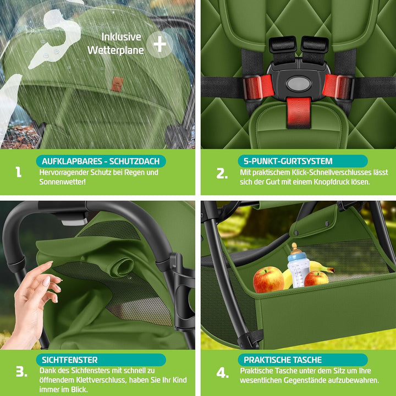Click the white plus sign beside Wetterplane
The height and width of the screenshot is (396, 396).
159,44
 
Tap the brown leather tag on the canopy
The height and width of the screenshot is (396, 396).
117,84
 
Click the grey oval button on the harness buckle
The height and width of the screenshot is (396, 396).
299,84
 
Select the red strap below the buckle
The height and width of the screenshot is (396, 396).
299,113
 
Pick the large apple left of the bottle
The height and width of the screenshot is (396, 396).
268,279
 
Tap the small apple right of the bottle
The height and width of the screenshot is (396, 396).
316,278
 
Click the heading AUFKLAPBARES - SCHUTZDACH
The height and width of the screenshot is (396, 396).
101,161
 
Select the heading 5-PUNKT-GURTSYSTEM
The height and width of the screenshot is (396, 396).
288,161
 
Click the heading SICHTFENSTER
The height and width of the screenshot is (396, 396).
70,360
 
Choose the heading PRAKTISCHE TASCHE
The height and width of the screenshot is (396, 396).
283,360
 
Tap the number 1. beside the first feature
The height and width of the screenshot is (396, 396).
18,172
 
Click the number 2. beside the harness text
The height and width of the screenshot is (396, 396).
222,173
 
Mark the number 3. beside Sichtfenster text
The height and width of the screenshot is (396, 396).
21,371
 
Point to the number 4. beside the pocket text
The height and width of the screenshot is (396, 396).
223,373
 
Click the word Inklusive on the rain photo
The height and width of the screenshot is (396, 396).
121,37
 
